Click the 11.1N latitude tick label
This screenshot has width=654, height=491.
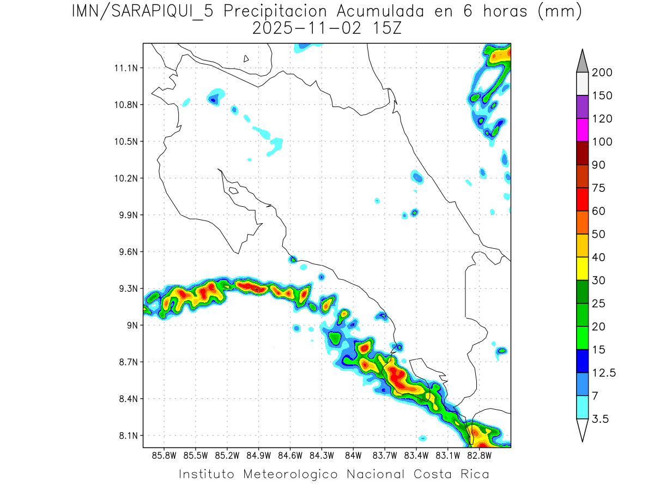point(125,68)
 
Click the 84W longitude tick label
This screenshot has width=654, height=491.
point(353,455)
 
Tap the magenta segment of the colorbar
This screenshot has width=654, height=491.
point(582,130)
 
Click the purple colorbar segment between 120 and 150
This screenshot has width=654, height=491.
point(582,107)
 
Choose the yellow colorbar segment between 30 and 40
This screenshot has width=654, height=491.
point(582,269)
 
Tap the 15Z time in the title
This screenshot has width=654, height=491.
point(385,28)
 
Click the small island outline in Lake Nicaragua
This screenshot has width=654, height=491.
point(246,58)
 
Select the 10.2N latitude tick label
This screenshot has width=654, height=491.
point(125,178)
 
